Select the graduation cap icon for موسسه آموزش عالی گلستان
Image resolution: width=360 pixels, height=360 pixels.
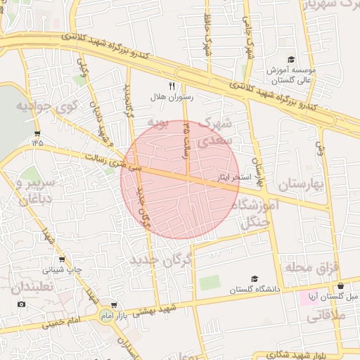click(291, 60)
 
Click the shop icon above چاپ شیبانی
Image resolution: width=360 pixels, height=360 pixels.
click(62, 259)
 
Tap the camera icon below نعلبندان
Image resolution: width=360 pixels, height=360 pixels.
click(21, 304)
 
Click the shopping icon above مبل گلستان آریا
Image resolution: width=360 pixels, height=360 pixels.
click(341, 286)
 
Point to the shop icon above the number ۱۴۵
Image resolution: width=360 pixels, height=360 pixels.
click(37, 133)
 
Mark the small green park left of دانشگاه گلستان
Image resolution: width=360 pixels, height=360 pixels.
click(209, 283)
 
